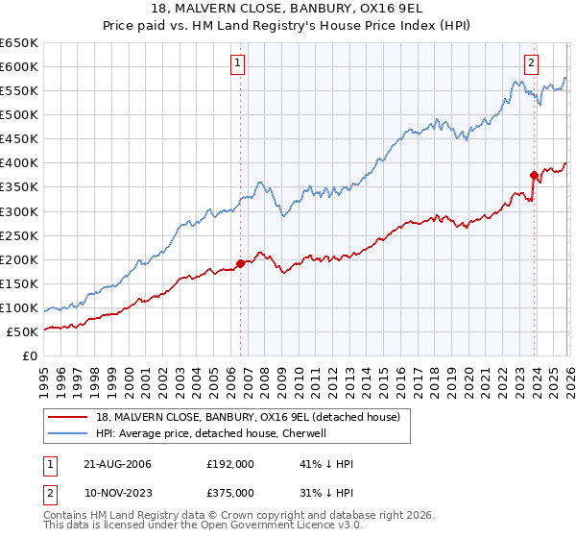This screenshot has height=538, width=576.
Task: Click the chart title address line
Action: coord(288,9)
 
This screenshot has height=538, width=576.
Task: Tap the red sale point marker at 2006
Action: coord(240,262)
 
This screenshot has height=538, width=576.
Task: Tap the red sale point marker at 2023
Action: coord(534,175)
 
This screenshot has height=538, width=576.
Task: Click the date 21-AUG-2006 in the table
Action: coord(116,463)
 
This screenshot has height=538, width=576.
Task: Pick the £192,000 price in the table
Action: coord(229,463)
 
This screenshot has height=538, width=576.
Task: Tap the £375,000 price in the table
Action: coord(229,492)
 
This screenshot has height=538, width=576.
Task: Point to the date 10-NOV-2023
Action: coord(116,492)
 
